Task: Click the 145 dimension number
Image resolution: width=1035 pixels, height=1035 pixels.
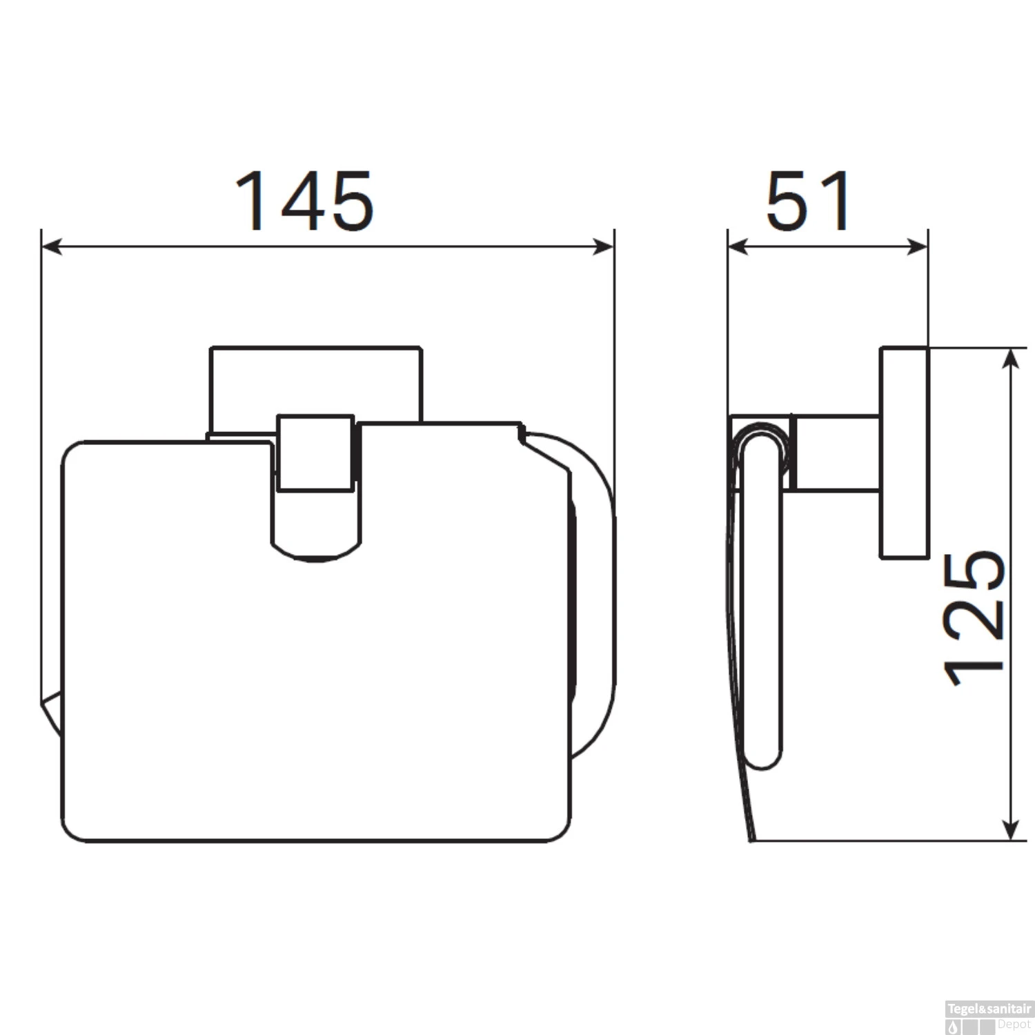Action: click(304, 201)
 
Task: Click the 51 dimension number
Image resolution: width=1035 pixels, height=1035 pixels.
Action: click(809, 201)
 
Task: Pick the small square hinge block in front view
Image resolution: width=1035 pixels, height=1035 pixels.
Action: click(315, 453)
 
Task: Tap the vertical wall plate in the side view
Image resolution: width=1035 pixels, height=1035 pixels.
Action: click(904, 452)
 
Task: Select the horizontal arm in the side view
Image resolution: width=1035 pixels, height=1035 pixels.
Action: click(837, 453)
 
